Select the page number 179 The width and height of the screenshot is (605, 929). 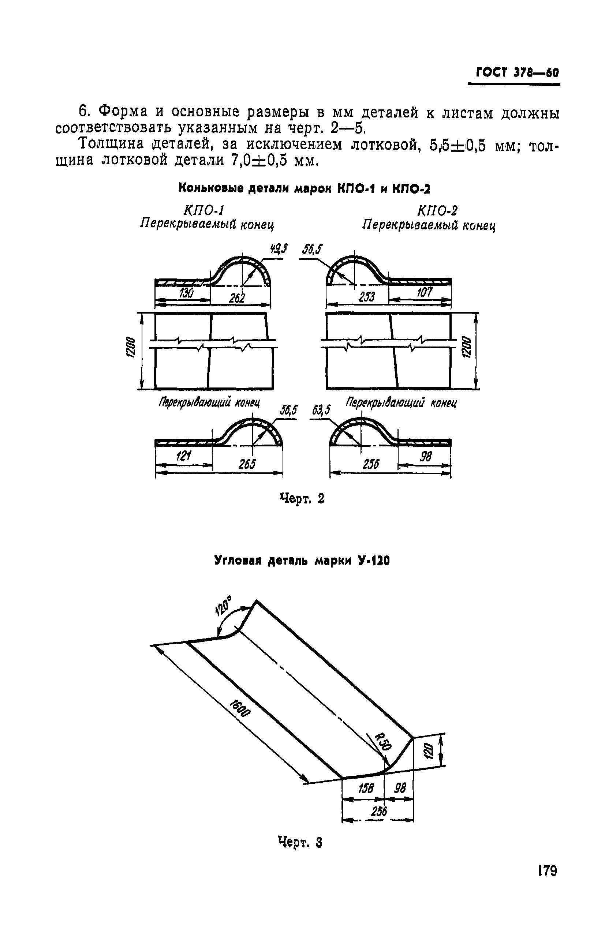click(x=547, y=881)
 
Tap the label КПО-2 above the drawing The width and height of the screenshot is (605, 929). click(x=437, y=211)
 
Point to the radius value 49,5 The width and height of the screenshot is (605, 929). click(x=279, y=249)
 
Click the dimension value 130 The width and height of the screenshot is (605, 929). click(x=186, y=293)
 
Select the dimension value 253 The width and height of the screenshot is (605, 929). click(x=366, y=297)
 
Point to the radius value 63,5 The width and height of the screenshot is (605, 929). click(x=321, y=410)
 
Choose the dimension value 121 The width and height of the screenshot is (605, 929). click(x=184, y=456)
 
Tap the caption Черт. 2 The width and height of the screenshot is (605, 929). click(x=302, y=499)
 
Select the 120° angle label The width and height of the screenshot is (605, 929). click(x=223, y=606)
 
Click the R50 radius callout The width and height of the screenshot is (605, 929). click(x=383, y=742)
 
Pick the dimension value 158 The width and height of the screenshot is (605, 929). click(x=366, y=789)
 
